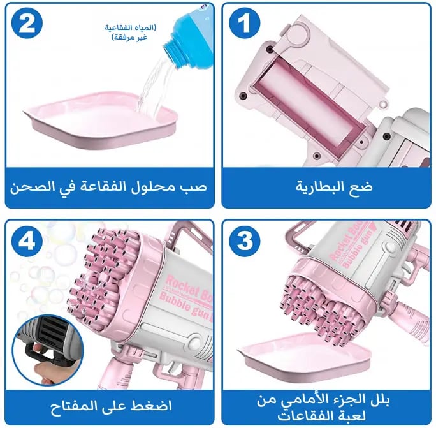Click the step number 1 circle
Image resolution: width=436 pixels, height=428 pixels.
click(244, 24)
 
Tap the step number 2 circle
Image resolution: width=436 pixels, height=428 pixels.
click(27, 24)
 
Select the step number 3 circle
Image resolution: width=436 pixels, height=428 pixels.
click(244, 241)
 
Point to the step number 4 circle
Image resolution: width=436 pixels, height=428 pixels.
click(27, 241)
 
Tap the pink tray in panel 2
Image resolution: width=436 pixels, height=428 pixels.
click(101, 120)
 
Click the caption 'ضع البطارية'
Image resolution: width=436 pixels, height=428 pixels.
click(334, 187)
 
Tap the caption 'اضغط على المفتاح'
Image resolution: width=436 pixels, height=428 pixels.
click(111, 406)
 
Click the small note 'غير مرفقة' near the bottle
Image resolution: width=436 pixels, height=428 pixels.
click(129, 38)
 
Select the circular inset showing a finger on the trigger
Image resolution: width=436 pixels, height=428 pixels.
click(48, 351)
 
